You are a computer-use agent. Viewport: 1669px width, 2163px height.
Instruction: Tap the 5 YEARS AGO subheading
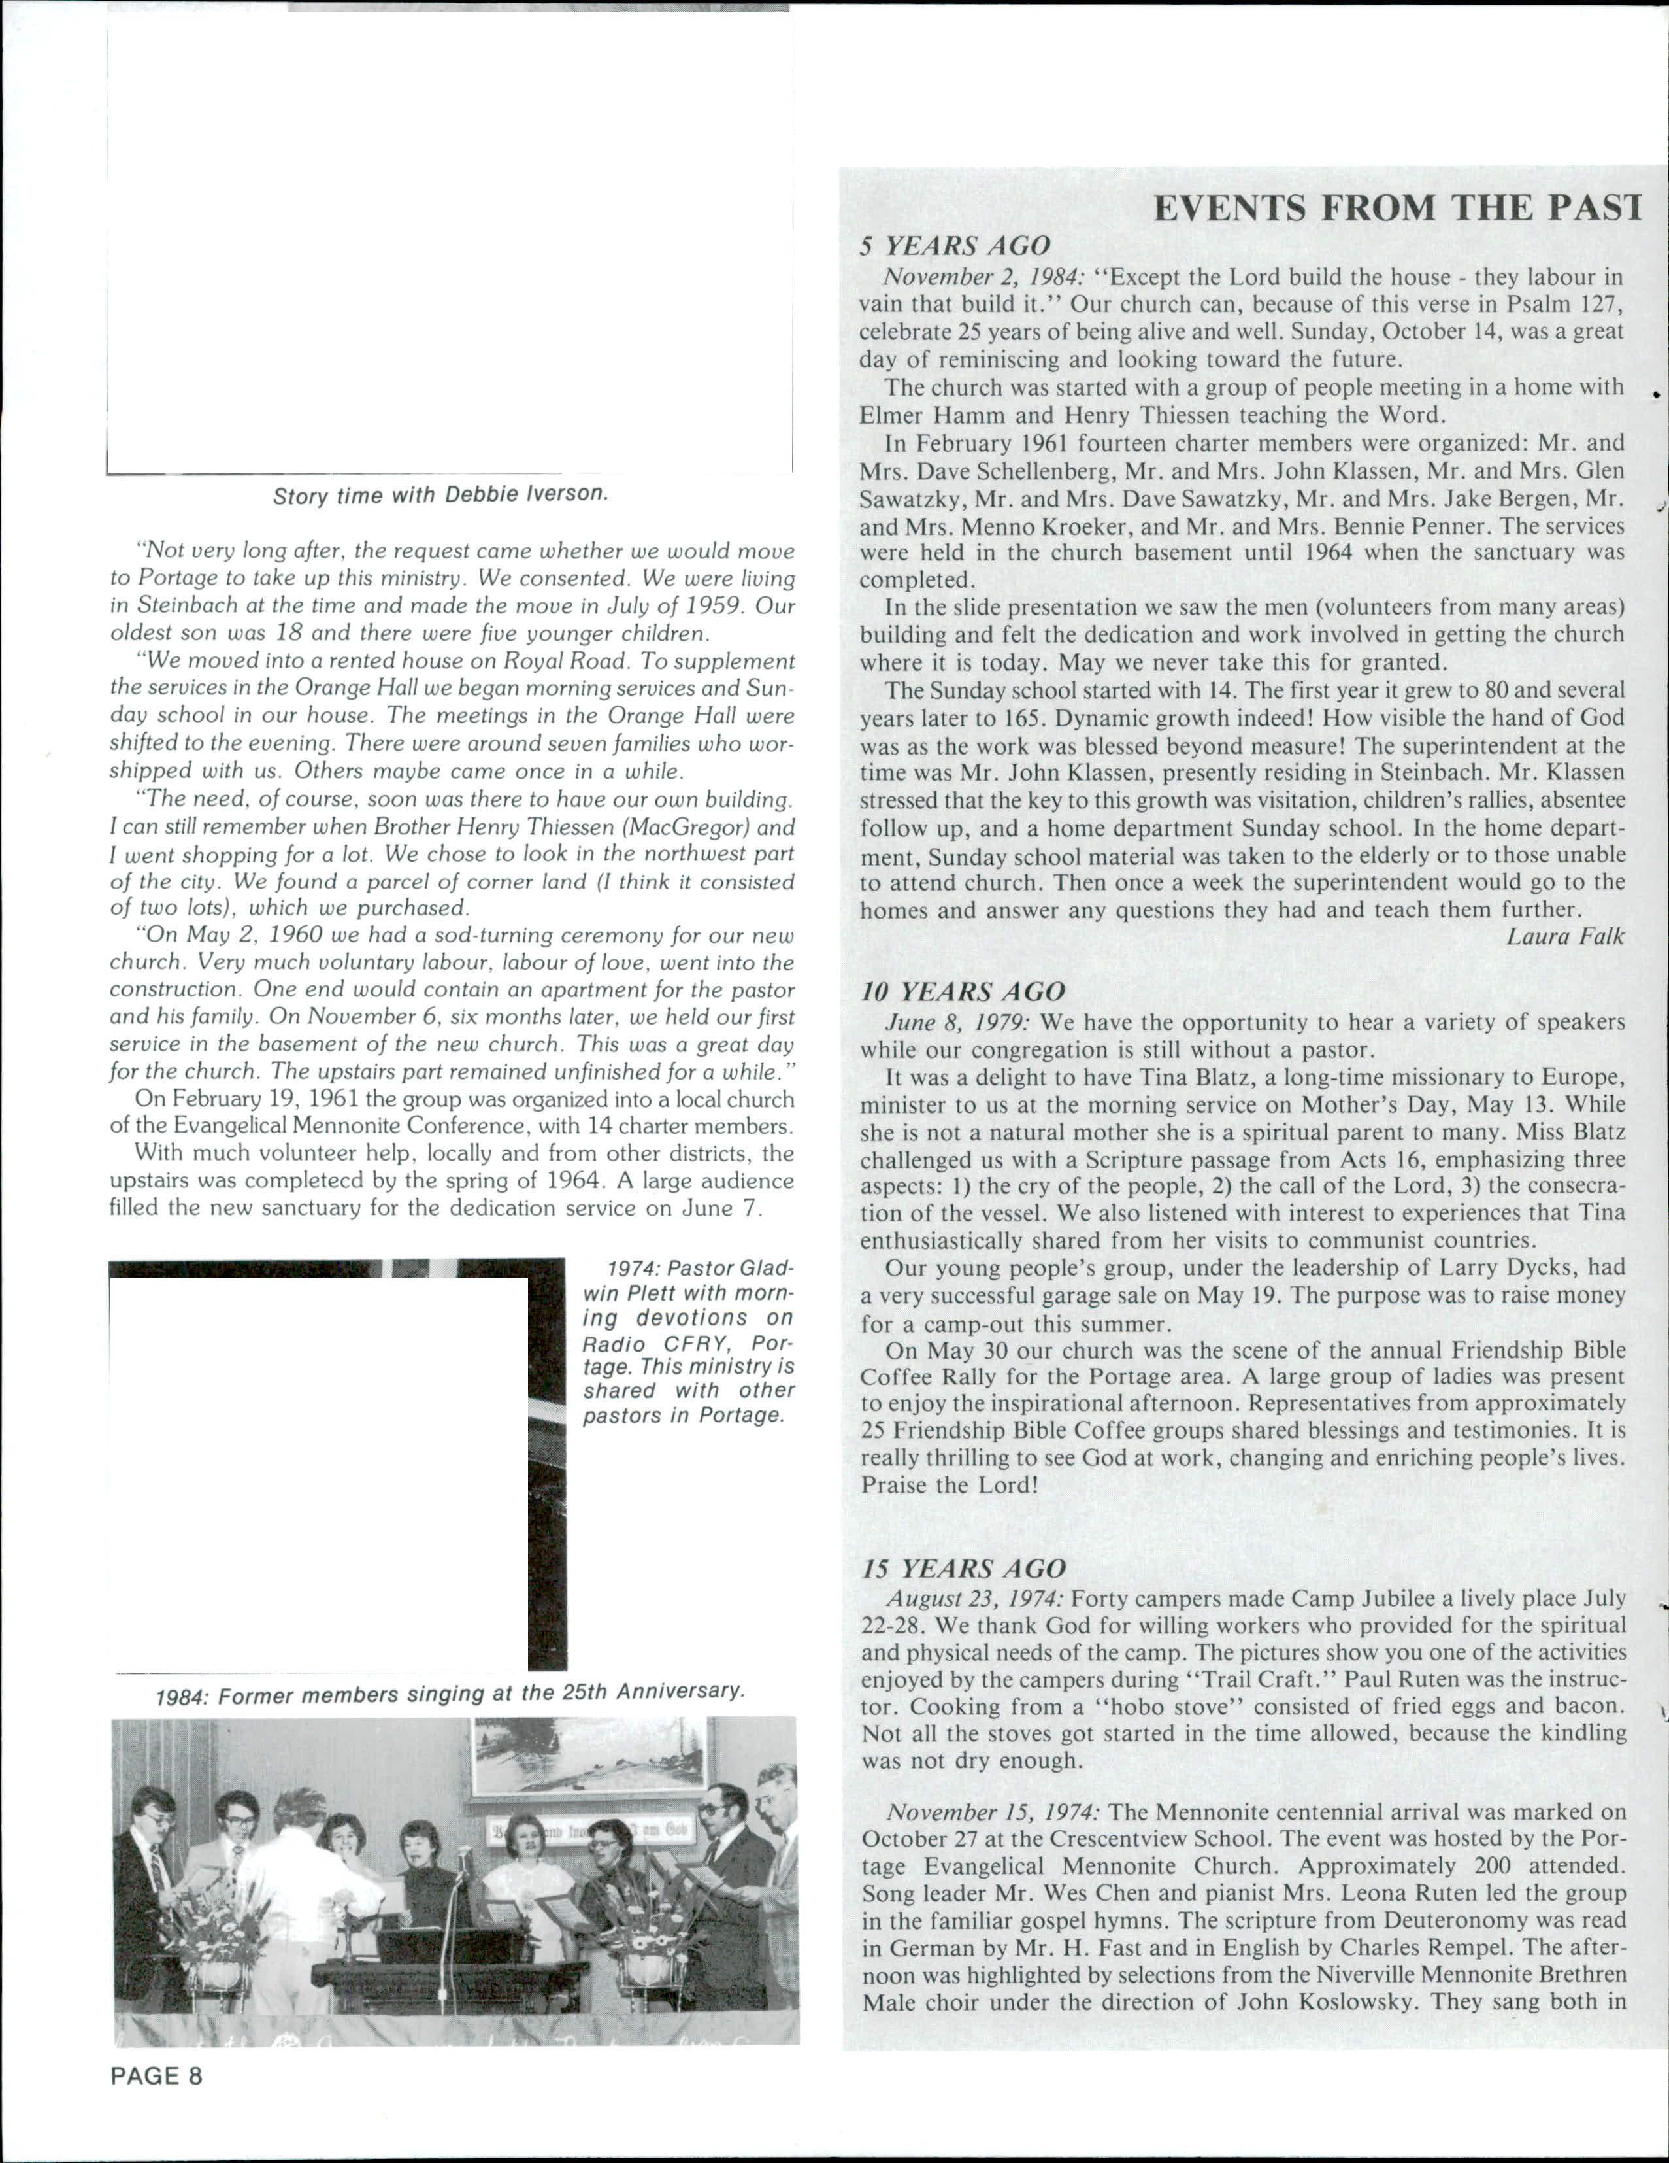coord(954,247)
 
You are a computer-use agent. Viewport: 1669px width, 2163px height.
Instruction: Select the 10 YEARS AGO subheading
coord(962,993)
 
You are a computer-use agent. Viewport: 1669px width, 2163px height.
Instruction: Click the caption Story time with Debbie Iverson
coord(440,495)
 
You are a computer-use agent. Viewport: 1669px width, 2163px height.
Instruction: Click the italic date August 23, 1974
coord(974,1599)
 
